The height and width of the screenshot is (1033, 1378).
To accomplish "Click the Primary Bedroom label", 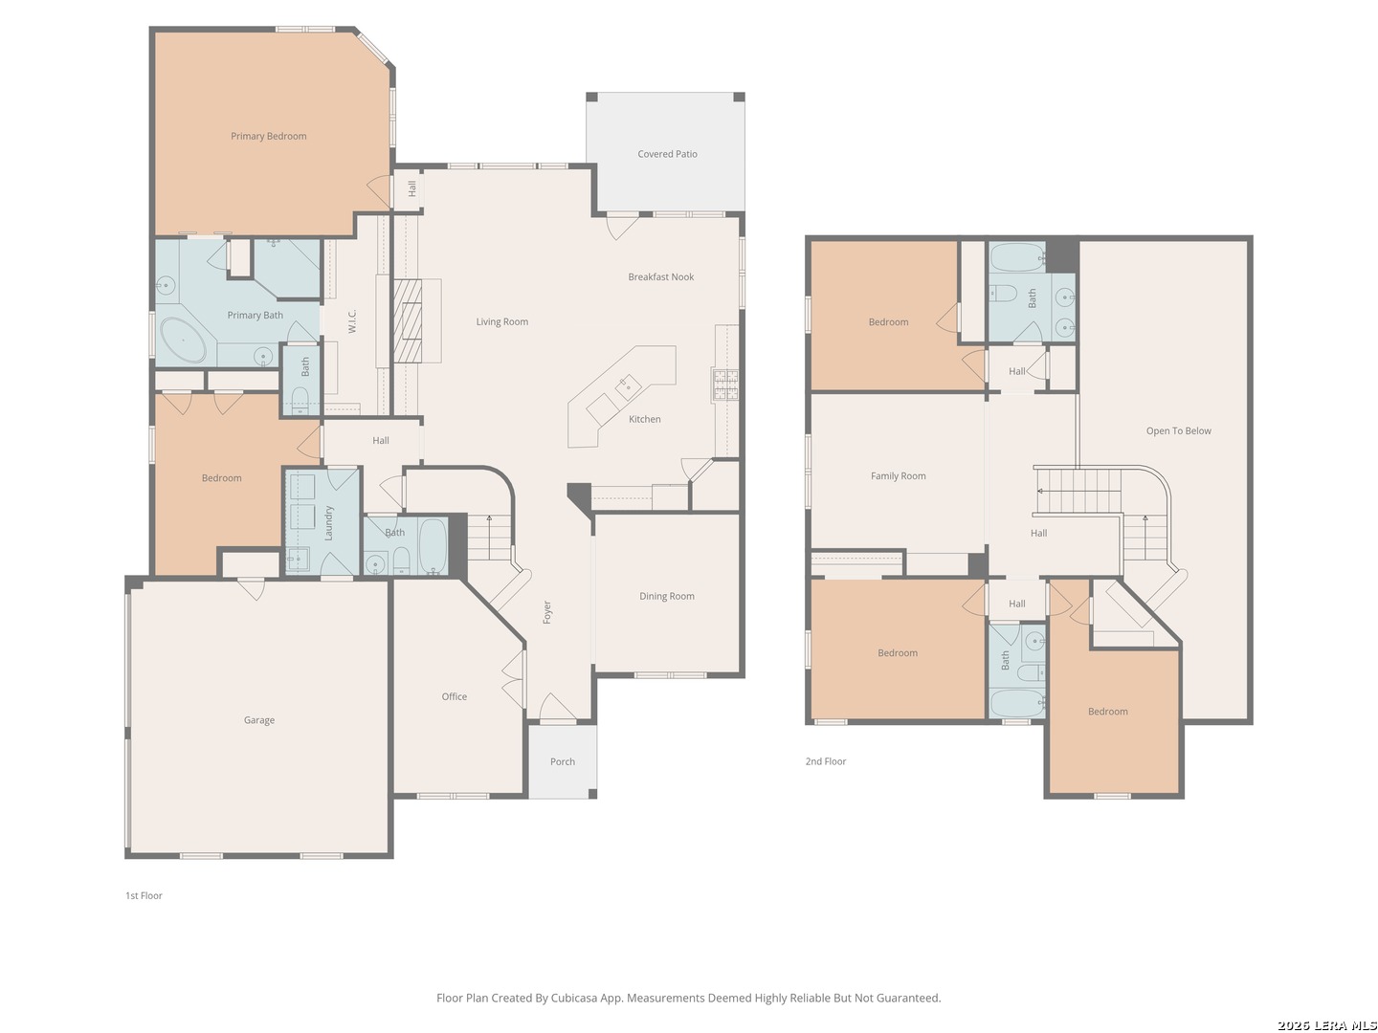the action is pyautogui.click(x=268, y=136).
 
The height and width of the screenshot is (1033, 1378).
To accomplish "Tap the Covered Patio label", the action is pyautogui.click(x=667, y=154).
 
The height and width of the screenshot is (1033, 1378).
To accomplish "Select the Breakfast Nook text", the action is pyautogui.click(x=660, y=276).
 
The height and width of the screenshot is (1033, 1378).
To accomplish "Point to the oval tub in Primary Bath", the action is pyautogui.click(x=183, y=340).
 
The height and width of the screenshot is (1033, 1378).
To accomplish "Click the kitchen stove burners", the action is pyautogui.click(x=725, y=385).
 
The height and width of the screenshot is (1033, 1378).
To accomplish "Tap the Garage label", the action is pyautogui.click(x=258, y=720).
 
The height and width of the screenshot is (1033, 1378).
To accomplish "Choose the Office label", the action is pyautogui.click(x=454, y=696).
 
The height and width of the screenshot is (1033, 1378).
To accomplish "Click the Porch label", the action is pyautogui.click(x=562, y=761).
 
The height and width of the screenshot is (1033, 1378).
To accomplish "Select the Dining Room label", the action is pyautogui.click(x=667, y=596).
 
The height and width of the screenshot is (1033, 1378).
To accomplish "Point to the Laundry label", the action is pyautogui.click(x=328, y=523).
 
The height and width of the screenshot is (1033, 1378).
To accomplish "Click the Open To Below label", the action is pyautogui.click(x=1178, y=430).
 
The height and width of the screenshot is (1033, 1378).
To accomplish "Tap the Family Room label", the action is pyautogui.click(x=898, y=476).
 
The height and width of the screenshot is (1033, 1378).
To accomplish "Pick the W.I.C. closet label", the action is pyautogui.click(x=352, y=320).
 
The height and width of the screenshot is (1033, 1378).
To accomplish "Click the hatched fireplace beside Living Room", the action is pyautogui.click(x=408, y=320).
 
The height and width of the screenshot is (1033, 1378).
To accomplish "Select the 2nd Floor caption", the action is pyautogui.click(x=826, y=761).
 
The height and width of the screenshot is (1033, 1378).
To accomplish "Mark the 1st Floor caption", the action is pyautogui.click(x=144, y=895).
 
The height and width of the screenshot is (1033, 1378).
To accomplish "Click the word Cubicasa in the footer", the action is pyautogui.click(x=574, y=998).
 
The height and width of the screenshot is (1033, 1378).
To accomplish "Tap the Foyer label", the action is pyautogui.click(x=546, y=612).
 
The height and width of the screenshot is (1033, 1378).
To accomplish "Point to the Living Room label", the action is pyautogui.click(x=501, y=321).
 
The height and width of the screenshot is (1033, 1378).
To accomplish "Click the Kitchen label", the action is pyautogui.click(x=644, y=419).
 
